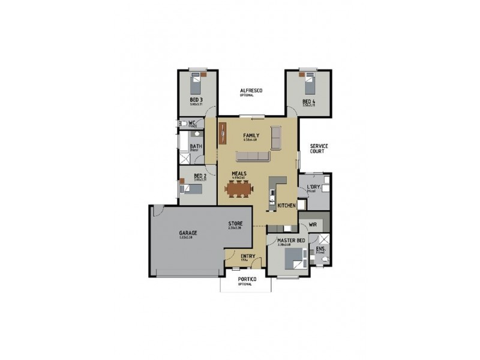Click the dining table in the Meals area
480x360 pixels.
[x=239, y=190]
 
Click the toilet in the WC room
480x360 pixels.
[x=184, y=124]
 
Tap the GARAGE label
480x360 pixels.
[x=188, y=233]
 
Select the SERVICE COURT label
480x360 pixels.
[x=317, y=148]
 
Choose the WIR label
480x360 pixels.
[x=313, y=225]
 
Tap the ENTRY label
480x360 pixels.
[x=247, y=257]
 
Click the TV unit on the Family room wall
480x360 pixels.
[x=222, y=133]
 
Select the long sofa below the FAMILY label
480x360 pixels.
[x=253, y=157]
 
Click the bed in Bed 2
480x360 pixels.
[x=190, y=189]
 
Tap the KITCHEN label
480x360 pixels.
[x=286, y=205]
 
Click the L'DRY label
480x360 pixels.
[x=313, y=187]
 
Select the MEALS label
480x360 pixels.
[x=240, y=173]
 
